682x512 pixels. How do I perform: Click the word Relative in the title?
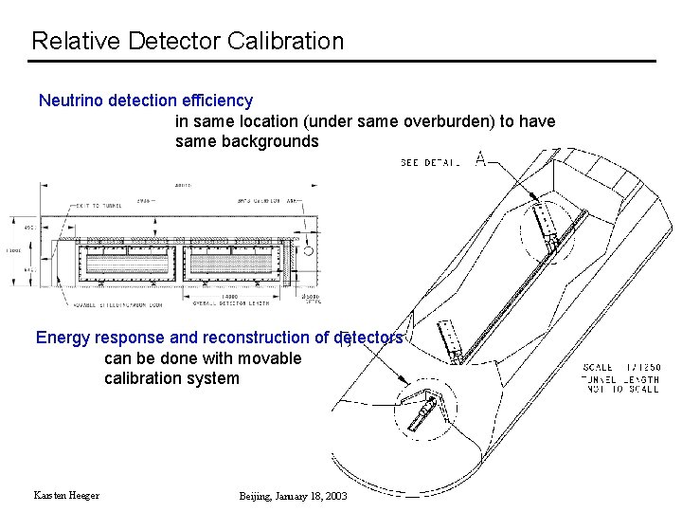(x=67, y=42)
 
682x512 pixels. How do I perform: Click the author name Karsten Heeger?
(x=66, y=496)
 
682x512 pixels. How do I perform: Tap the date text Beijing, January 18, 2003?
(x=293, y=496)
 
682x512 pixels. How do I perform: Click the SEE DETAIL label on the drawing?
(x=430, y=163)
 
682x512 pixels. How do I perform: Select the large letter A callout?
(x=481, y=161)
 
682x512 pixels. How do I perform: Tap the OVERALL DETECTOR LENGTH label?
(x=230, y=303)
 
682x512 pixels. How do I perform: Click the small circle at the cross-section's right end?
(x=308, y=251)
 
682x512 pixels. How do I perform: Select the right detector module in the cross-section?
(x=237, y=262)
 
